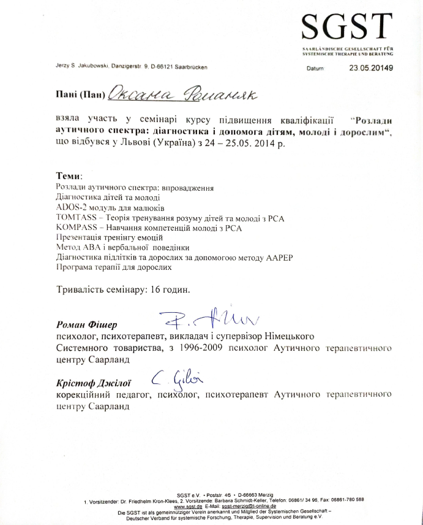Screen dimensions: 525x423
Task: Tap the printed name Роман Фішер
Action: (x=86, y=324)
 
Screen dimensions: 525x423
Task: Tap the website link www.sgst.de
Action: (x=186, y=506)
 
